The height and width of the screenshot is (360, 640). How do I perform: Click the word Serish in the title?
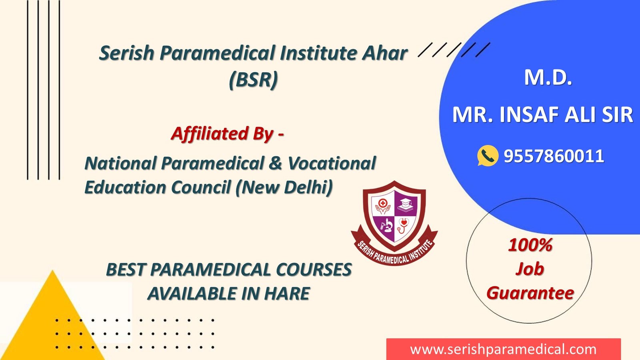(127, 53)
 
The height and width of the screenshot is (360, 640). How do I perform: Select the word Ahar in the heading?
(384, 53)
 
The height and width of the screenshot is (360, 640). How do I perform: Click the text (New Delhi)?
(284, 188)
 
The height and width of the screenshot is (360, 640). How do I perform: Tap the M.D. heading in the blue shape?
(548, 78)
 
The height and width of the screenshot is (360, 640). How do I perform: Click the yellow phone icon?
(488, 156)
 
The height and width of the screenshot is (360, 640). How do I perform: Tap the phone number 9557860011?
(554, 156)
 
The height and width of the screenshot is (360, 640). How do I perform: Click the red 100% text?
(530, 245)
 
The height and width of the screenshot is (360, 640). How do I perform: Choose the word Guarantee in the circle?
(530, 293)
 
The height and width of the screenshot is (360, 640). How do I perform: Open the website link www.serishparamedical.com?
(503, 350)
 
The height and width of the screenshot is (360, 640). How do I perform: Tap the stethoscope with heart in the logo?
(403, 225)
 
